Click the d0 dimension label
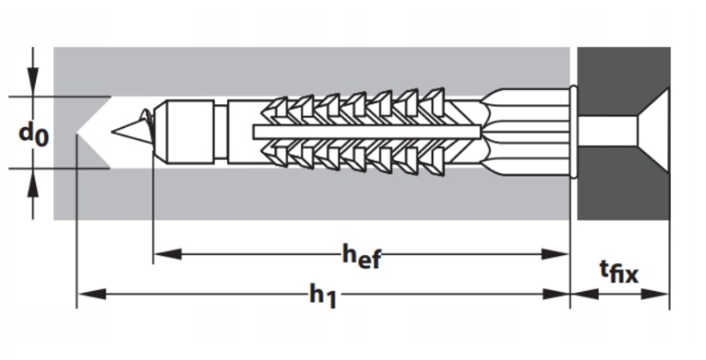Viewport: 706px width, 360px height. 34,134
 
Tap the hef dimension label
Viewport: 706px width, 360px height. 362,257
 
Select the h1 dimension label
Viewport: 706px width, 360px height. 323,296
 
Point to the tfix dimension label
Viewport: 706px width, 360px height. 620,272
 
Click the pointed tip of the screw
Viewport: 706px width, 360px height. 113,131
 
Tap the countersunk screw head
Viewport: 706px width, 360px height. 653,131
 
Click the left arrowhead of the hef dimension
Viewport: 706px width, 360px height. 168,254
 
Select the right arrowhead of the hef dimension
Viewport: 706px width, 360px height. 556,254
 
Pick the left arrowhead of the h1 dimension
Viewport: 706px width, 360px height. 92,295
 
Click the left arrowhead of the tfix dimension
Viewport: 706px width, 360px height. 584,295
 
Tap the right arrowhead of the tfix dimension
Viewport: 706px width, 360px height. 655,295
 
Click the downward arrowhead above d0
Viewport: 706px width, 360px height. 33,82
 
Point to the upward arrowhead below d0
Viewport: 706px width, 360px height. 33,184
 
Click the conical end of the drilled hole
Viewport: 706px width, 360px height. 94,132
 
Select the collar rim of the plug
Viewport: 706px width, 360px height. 574,131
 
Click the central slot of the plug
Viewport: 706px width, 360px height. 366,131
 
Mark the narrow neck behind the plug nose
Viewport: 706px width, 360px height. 221,131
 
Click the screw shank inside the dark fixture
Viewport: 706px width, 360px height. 607,131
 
